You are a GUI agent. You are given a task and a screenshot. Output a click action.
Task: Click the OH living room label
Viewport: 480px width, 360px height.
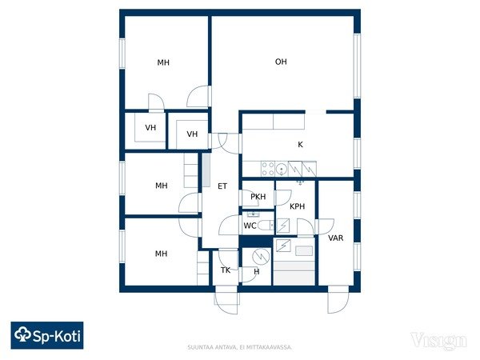[x=281, y=62]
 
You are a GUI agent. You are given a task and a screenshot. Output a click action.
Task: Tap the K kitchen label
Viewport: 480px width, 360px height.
[x=300, y=145]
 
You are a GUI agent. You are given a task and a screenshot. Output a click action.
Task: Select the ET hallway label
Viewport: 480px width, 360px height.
[x=222, y=186]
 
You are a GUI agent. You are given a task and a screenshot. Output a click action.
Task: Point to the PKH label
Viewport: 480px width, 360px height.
[x=258, y=197]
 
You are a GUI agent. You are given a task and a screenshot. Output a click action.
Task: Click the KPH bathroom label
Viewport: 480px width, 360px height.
[x=297, y=206]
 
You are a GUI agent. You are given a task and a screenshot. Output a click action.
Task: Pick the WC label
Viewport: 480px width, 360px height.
[x=250, y=226]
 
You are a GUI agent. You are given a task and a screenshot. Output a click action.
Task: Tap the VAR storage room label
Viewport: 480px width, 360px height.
[x=335, y=238]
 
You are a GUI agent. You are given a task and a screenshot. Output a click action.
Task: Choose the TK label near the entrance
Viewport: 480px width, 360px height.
[x=226, y=270]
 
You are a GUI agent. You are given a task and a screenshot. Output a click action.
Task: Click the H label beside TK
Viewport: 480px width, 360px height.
[x=257, y=271]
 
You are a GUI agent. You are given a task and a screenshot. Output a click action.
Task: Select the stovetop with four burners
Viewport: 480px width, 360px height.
[x=268, y=169]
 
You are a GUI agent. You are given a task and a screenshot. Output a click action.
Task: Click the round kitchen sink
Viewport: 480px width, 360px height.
[x=282, y=169]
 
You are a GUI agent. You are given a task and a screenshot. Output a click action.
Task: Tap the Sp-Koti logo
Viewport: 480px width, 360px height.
[x=47, y=335]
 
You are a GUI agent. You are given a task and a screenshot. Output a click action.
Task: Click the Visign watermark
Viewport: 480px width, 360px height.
[x=438, y=341]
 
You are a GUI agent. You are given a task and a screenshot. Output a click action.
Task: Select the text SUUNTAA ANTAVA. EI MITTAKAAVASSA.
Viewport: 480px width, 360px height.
[x=240, y=347]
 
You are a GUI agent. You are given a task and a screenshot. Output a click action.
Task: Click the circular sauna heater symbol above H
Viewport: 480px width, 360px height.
[x=261, y=256]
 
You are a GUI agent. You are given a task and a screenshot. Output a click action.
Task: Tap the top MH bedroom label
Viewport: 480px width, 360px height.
[x=163, y=62]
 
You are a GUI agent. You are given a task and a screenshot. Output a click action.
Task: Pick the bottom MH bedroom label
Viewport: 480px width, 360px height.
[x=161, y=254]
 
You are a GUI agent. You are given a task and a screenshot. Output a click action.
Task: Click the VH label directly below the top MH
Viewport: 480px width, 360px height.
[x=150, y=127]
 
